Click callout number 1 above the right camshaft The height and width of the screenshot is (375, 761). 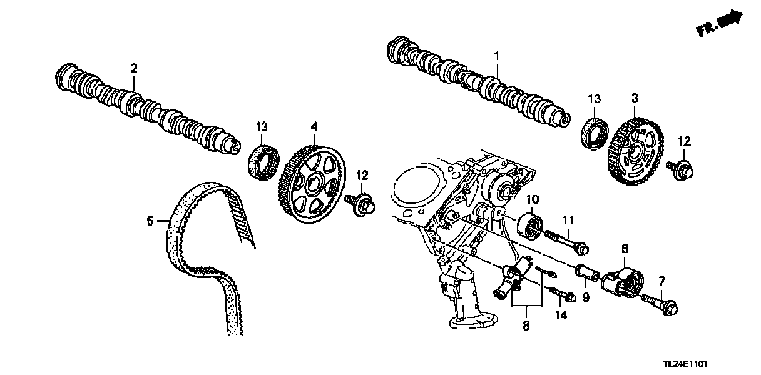click(x=497, y=56)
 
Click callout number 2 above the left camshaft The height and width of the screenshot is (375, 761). click(x=133, y=68)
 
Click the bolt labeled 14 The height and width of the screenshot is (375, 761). click(x=560, y=294)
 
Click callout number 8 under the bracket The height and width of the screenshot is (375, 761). click(x=526, y=326)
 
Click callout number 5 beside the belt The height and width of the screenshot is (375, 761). click(x=150, y=221)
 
